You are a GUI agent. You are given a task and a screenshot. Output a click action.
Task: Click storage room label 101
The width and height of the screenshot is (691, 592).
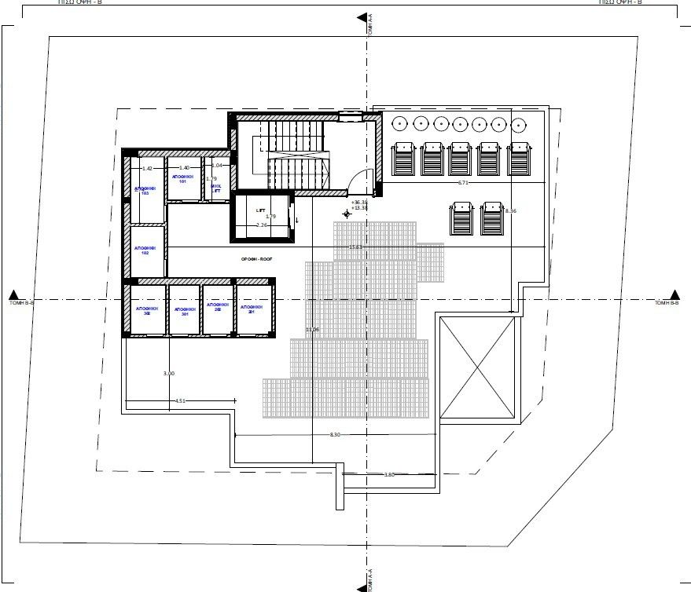182,180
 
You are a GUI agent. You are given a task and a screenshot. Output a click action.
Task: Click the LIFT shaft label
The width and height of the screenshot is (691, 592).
261,211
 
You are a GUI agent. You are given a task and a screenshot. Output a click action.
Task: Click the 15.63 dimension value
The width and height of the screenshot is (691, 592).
355,247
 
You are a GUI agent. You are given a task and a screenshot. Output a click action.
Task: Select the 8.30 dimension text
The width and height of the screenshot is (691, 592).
335,434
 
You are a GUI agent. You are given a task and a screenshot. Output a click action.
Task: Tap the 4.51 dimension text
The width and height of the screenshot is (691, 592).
180,401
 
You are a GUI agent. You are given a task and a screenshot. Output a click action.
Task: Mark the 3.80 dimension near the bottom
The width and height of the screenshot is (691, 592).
388,474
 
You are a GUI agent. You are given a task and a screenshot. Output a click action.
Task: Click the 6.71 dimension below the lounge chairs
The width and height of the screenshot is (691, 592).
464,182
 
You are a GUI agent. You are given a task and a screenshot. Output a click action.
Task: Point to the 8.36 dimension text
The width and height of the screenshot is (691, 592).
511,210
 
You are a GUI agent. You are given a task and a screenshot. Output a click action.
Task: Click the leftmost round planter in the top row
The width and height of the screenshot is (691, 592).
399,123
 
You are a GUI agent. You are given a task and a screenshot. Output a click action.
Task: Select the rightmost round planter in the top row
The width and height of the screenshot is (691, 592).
518,123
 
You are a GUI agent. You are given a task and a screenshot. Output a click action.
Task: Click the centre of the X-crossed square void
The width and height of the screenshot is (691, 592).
478,368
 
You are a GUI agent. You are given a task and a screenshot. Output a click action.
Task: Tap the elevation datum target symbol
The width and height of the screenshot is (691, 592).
347,213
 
